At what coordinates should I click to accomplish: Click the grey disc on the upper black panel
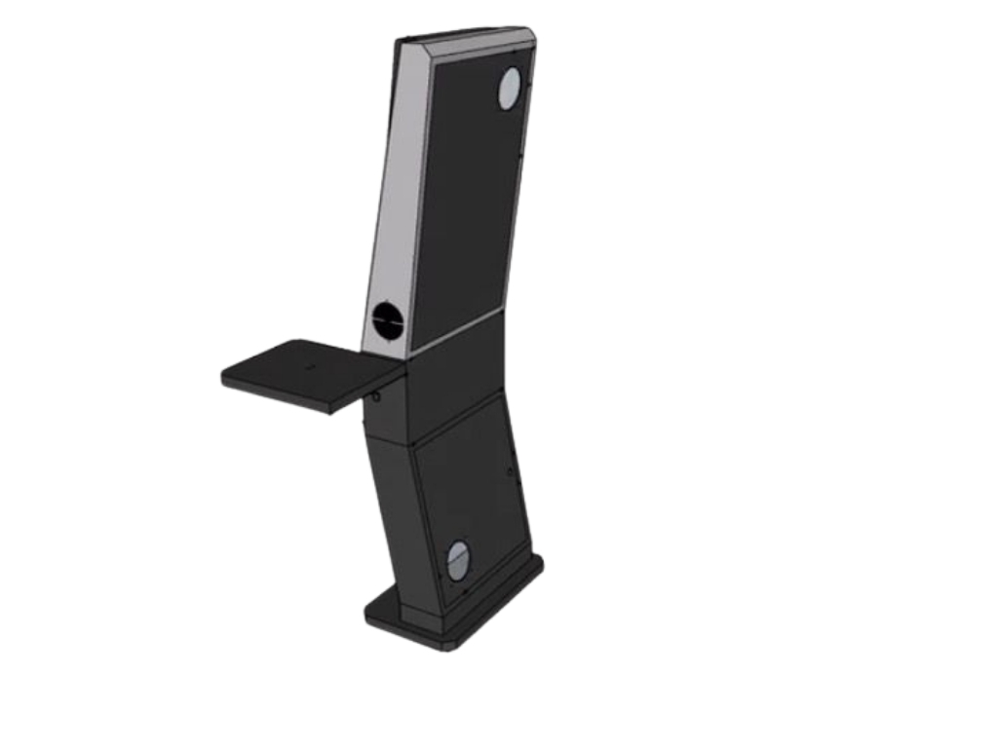pos(511,90)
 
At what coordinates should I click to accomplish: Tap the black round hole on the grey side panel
pos(388,320)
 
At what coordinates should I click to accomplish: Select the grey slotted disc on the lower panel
pos(458,560)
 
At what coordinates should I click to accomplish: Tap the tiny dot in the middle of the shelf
pos(310,367)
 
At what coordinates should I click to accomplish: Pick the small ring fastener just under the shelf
pos(375,396)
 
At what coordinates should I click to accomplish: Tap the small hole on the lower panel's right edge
pos(511,470)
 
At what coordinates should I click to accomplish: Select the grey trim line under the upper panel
pos(456,332)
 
